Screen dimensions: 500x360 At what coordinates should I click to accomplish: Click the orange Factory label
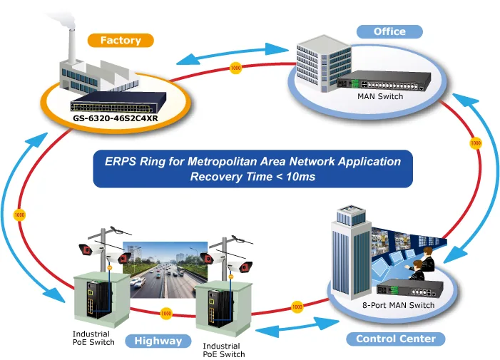(x=121, y=41)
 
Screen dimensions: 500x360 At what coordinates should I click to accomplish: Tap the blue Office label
(x=389, y=31)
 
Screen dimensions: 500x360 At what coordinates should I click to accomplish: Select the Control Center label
(x=395, y=339)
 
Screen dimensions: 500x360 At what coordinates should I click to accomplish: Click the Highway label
(x=158, y=341)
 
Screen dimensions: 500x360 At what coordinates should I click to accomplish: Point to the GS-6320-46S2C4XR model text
(x=116, y=118)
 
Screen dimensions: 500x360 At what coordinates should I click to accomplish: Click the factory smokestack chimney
(x=72, y=46)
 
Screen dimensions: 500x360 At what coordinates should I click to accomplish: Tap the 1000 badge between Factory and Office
(x=235, y=68)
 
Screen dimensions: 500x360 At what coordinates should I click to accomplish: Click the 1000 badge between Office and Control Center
(x=476, y=143)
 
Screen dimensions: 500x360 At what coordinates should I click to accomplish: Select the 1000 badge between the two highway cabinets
(x=165, y=314)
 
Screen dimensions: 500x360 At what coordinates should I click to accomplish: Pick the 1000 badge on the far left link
(x=19, y=215)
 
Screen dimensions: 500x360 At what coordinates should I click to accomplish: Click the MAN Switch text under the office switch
(x=380, y=96)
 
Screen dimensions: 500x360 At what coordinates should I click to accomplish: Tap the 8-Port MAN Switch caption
(x=398, y=305)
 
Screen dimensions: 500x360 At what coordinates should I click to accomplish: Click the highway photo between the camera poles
(x=165, y=270)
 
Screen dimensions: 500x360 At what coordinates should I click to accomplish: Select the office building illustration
(x=324, y=63)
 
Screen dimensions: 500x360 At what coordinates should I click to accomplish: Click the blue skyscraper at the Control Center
(x=351, y=252)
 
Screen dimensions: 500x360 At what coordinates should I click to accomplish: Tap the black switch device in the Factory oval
(x=118, y=102)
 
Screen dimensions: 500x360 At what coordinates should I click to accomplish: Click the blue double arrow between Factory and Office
(x=232, y=54)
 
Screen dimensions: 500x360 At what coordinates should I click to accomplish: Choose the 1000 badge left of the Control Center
(x=297, y=307)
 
